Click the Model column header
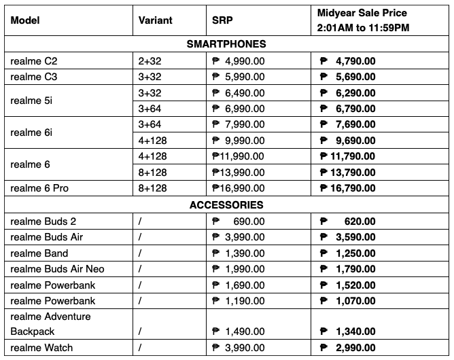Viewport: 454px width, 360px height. pos(25,20)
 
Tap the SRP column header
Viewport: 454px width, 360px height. pos(222,20)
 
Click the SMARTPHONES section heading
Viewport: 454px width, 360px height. pos(226,44)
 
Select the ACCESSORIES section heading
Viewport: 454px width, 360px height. pos(226,204)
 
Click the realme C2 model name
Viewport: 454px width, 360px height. pos(34,60)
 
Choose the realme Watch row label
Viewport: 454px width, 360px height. pos(41,348)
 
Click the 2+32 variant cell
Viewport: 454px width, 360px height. pos(150,60)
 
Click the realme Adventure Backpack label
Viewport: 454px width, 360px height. pos(50,324)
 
